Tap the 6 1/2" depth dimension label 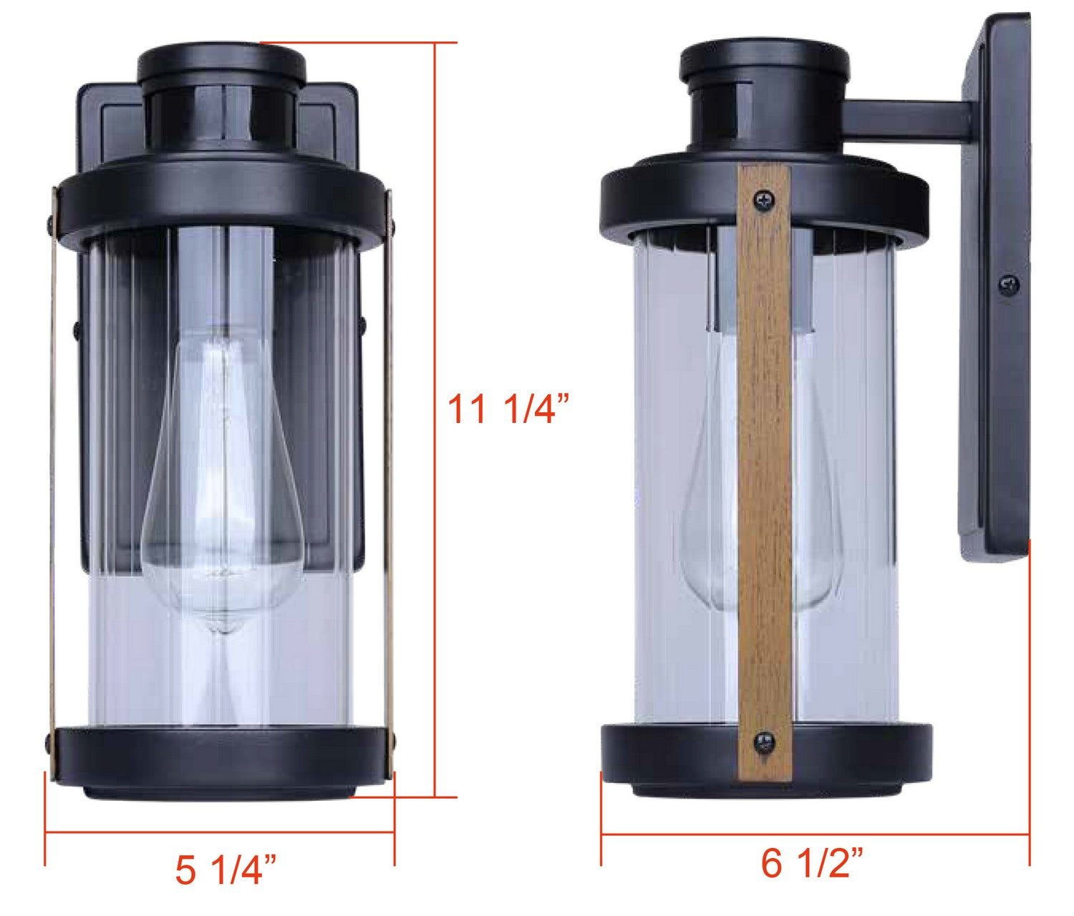point(813,864)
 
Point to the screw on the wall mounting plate point(1010,285)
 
